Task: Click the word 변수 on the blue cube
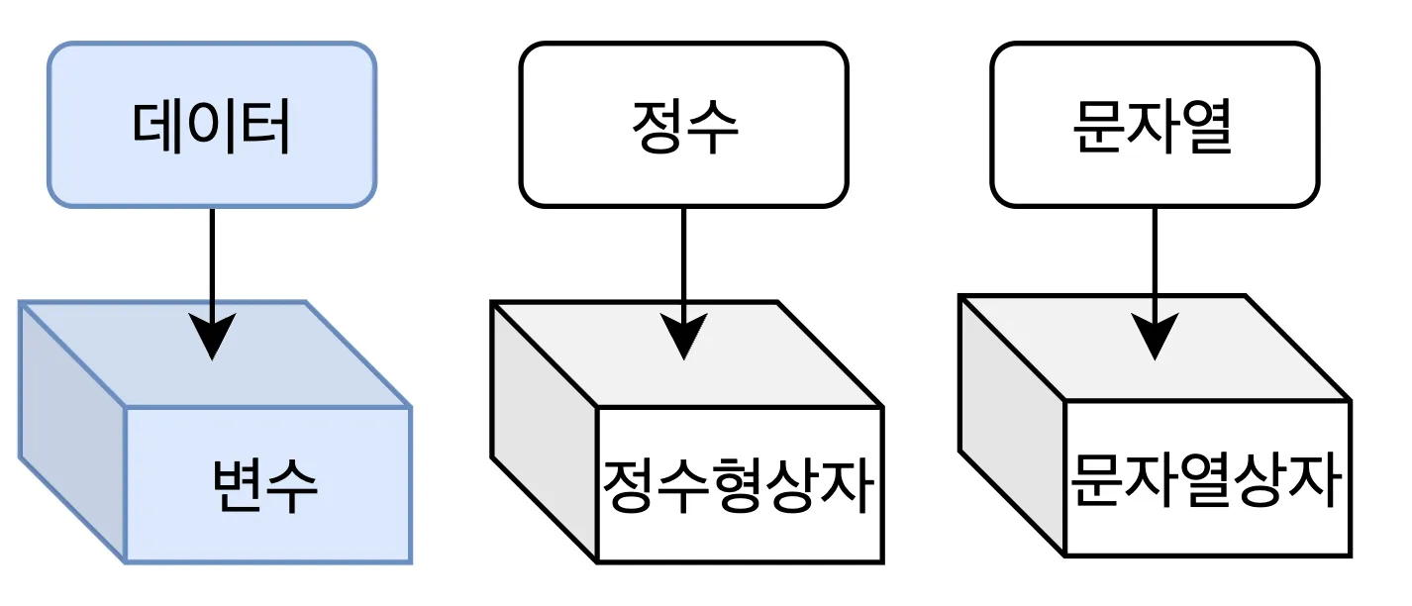pos(265,485)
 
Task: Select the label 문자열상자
pos(1207,479)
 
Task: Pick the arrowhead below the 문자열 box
pos(1155,337)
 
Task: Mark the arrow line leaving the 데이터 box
pos(212,257)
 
